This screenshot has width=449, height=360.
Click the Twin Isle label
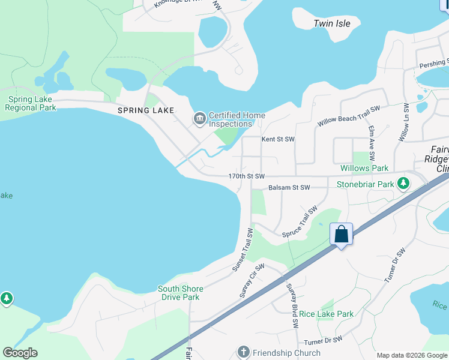coord(332,23)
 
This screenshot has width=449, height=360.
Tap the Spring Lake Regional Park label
coord(30,103)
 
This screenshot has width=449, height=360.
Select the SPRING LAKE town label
coord(146,110)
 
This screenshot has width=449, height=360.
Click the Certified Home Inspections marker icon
coord(199,119)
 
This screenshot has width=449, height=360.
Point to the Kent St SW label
coord(278,139)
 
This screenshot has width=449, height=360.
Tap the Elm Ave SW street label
coord(372,137)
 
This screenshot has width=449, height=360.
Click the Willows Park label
coord(364,169)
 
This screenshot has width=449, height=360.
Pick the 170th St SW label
coord(246,176)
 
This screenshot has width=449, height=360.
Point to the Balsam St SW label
coord(289,188)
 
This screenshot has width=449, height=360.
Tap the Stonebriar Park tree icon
coord(405,184)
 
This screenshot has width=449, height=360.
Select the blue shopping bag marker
coord(341,235)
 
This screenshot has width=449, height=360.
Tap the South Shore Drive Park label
coord(180,293)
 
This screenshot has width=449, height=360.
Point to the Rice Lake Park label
coord(327,314)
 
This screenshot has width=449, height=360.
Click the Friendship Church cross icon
coord(243,352)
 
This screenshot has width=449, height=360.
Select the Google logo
coord(20,353)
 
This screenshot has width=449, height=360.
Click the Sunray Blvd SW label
coord(292,305)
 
